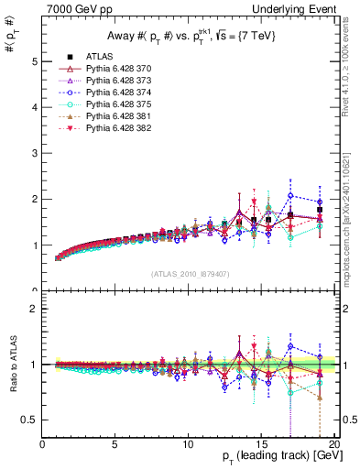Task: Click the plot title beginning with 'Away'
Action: pos(187,36)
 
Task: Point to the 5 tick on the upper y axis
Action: pos(35,61)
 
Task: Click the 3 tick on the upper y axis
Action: pos(35,153)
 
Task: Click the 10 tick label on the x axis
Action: pos(188,443)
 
